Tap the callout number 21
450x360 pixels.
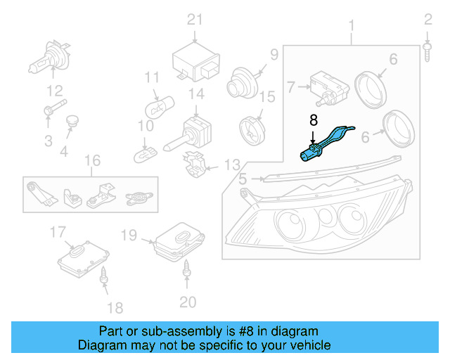pos(194,20)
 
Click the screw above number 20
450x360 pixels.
pos(188,267)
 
